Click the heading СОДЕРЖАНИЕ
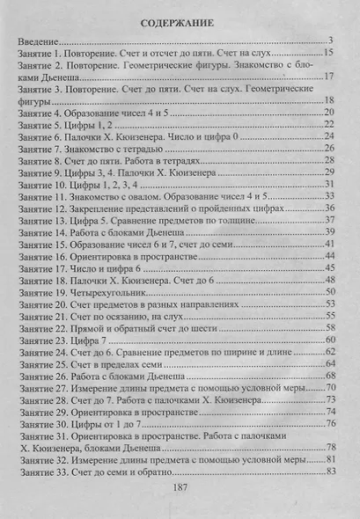point(180,19)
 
